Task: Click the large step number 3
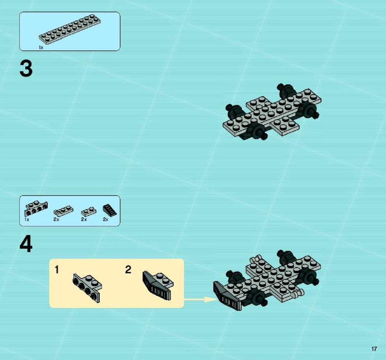(x=26, y=69)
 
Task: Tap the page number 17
(x=374, y=349)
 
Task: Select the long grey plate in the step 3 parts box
(x=70, y=30)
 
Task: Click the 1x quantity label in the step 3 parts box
(x=41, y=48)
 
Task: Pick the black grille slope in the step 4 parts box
(x=110, y=210)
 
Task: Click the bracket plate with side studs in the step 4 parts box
(x=36, y=208)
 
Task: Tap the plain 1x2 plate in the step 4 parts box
(x=88, y=212)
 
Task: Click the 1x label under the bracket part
(x=26, y=219)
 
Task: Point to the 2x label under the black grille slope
(x=105, y=219)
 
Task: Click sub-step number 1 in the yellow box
(x=57, y=270)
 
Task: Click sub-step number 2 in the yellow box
(x=128, y=270)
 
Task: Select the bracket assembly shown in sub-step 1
(x=88, y=287)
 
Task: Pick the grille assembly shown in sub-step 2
(x=158, y=285)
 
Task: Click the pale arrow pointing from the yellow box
(x=200, y=299)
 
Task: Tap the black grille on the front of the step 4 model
(x=228, y=296)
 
